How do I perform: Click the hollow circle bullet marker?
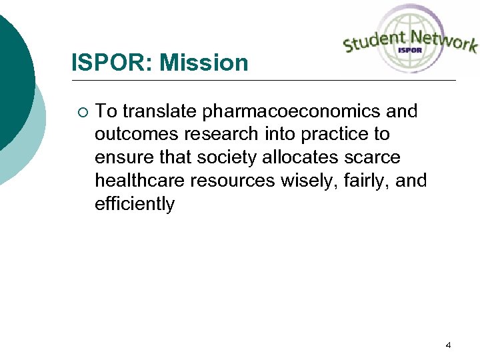81,111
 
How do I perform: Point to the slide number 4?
448,345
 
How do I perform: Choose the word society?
226,157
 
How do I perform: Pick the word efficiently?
135,204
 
